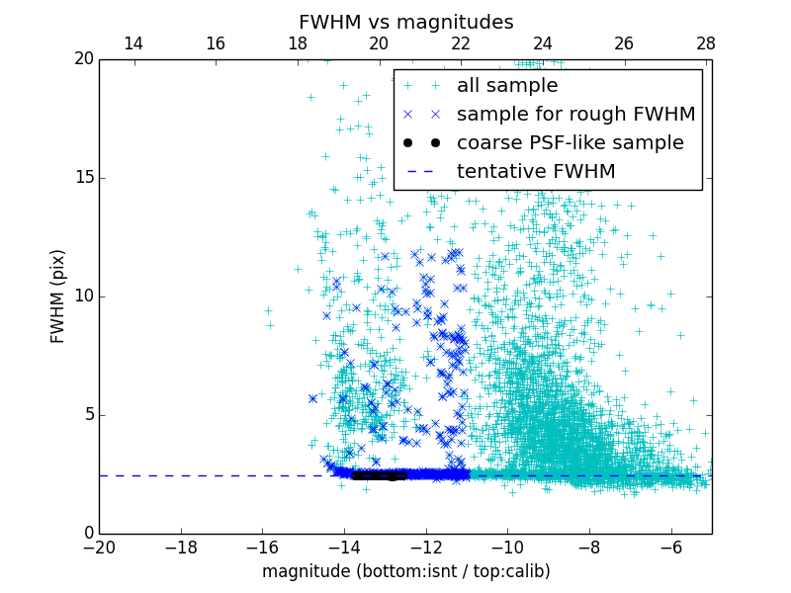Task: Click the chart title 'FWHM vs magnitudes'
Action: (405, 22)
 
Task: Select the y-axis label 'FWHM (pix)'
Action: (58, 296)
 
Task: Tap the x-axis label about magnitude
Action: (405, 571)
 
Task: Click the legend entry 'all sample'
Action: (506, 86)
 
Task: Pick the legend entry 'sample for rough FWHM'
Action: (575, 115)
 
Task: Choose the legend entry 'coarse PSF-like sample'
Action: (570, 143)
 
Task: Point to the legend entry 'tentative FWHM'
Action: (535, 172)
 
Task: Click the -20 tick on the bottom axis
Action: (99, 547)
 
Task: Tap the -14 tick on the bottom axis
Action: (344, 547)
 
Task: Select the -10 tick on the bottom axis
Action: (507, 547)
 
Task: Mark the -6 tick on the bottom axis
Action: (671, 547)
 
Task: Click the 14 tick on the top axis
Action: (133, 43)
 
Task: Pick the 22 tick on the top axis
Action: (461, 43)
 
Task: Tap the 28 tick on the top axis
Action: (706, 43)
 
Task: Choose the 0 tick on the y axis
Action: (87, 534)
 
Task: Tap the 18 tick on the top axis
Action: (297, 43)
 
